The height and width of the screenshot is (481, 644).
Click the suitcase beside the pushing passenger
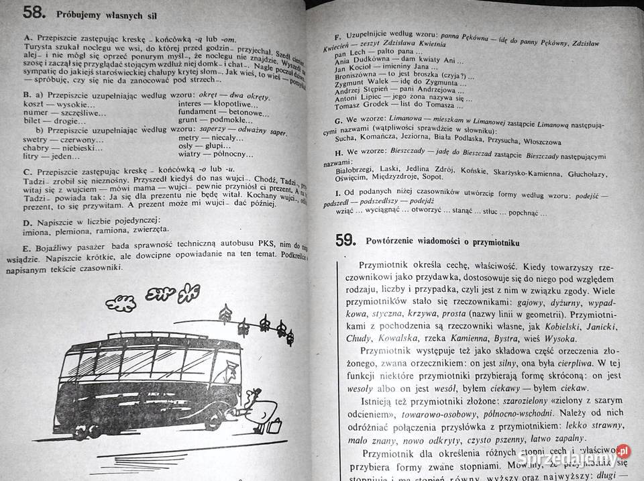[x=275, y=425]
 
